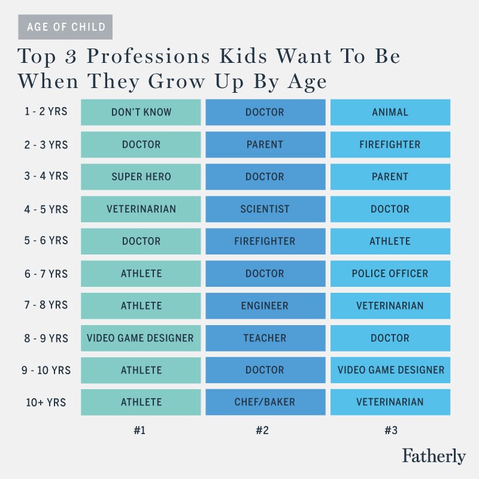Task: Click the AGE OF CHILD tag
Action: tap(66, 27)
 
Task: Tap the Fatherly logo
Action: tap(433, 456)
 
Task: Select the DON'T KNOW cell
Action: tap(141, 112)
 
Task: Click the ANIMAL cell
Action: tap(390, 112)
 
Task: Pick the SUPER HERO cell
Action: tap(141, 177)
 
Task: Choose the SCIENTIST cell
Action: tap(265, 209)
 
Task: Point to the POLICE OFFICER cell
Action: tap(390, 274)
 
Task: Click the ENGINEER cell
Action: tap(265, 306)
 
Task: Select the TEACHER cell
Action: tap(265, 338)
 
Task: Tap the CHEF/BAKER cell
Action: tap(265, 402)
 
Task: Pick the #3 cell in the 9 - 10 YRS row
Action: tap(390, 370)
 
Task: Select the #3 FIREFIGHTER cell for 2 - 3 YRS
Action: tap(390, 144)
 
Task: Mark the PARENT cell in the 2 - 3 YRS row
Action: tap(265, 144)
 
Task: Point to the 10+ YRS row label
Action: tap(46, 402)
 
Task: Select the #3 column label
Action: tap(390, 429)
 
